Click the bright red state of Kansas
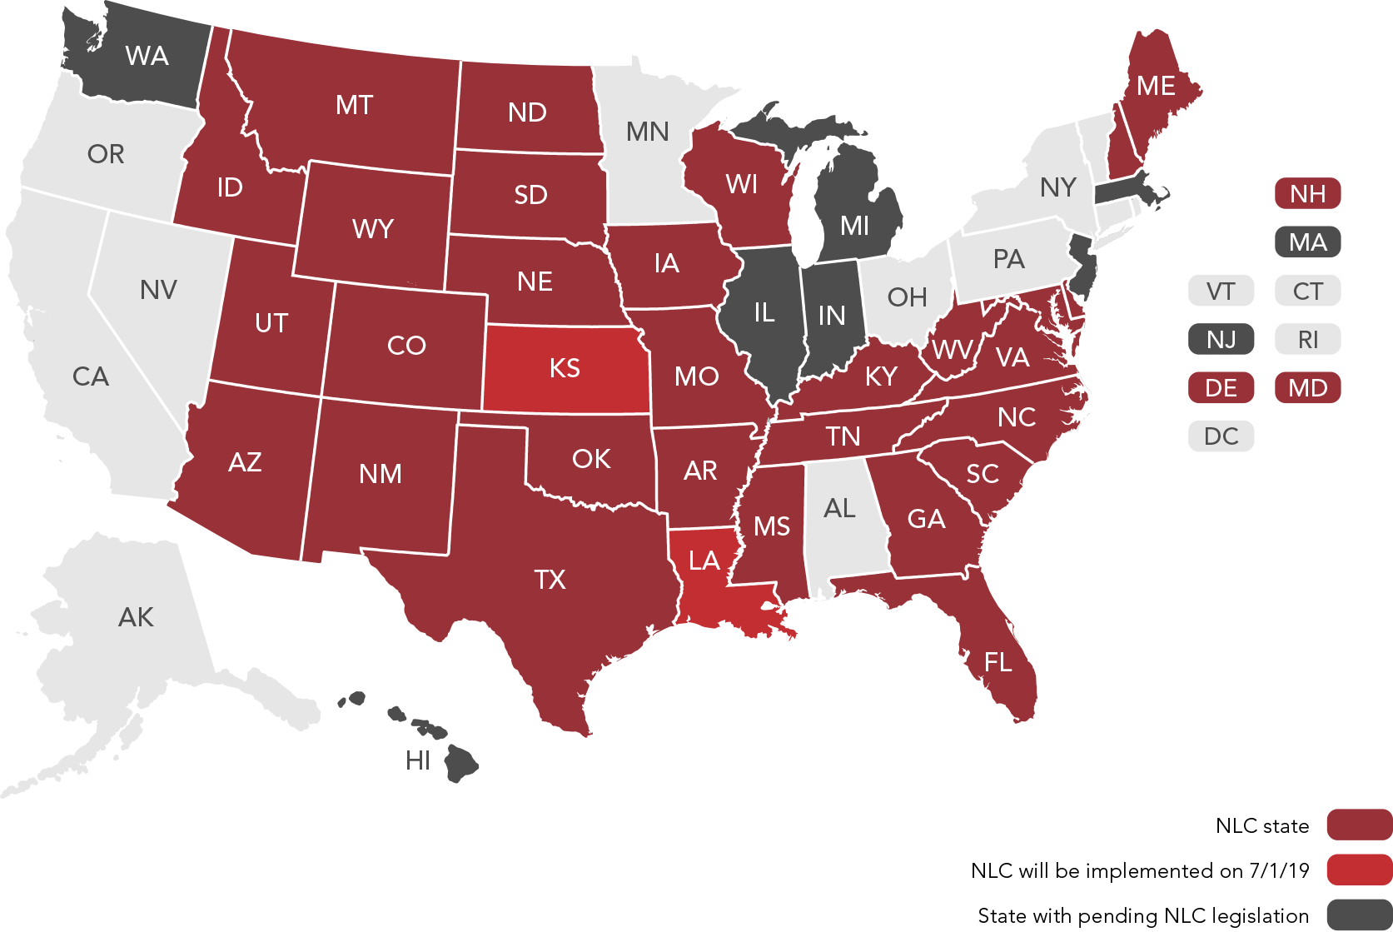pos(565,368)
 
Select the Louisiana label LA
pos(704,561)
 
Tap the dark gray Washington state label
pos(147,56)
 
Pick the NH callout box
pos(1307,194)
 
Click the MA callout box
pos(1307,242)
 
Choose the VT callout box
pos(1221,292)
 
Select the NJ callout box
pos(1221,340)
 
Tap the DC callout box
pos(1221,436)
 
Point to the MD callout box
pos(1307,388)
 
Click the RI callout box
pos(1307,340)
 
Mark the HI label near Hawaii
pos(418,760)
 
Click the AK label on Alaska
pos(136,617)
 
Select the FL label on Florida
pos(997,663)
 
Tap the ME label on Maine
pos(1156,86)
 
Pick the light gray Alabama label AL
pos(838,508)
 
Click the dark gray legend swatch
pos(1359,915)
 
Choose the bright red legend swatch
pos(1359,870)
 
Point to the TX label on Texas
pos(550,580)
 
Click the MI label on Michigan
pos(854,226)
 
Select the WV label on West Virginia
pos(952,350)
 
